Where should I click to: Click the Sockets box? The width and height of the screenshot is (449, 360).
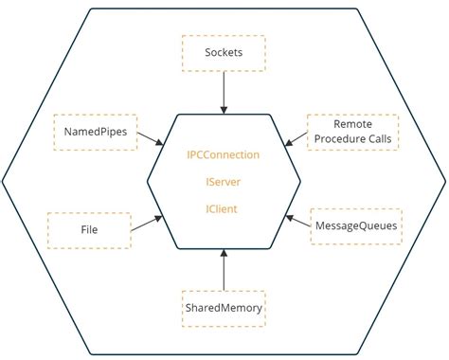click(224, 53)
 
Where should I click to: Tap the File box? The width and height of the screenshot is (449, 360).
click(89, 229)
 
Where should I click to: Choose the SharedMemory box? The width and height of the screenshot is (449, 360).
click(224, 308)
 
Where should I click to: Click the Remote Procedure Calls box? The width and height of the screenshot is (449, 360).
click(352, 132)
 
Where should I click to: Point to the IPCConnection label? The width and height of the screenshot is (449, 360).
click(224, 154)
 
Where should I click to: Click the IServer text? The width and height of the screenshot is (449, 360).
click(224, 181)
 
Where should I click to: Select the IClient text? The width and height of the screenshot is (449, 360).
click(224, 207)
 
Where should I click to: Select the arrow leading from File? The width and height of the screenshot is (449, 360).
click(146, 223)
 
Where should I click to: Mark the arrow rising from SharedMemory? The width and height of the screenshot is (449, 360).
click(224, 268)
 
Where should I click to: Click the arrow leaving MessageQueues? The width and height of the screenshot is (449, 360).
click(298, 223)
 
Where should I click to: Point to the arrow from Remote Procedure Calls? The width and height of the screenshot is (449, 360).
click(296, 139)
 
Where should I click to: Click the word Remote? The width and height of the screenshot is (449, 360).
click(352, 124)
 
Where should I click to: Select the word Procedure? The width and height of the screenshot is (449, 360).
click(336, 140)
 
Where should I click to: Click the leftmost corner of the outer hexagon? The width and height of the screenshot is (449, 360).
click(4, 180)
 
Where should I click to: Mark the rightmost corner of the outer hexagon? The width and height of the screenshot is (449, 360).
click(444, 180)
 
